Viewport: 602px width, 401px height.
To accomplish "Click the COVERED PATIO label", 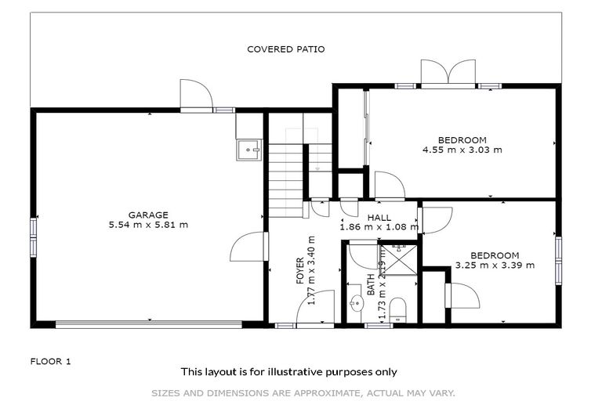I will (285, 49).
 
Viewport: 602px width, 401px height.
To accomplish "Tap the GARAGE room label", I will (148, 215).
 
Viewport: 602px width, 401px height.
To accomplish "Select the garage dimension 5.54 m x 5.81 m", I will (148, 225).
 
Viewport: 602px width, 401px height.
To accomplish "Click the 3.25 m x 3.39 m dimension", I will (495, 265).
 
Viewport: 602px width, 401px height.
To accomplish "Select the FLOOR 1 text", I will (51, 361).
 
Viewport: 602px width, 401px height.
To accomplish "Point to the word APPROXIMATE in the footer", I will (327, 392).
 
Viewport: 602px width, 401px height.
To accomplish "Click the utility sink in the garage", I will (249, 148).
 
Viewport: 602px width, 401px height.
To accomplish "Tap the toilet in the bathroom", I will (397, 309).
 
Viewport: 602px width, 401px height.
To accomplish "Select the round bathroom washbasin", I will (357, 305).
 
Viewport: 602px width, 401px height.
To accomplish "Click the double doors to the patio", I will (448, 72).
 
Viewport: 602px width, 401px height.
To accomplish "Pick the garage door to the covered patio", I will (195, 96).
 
